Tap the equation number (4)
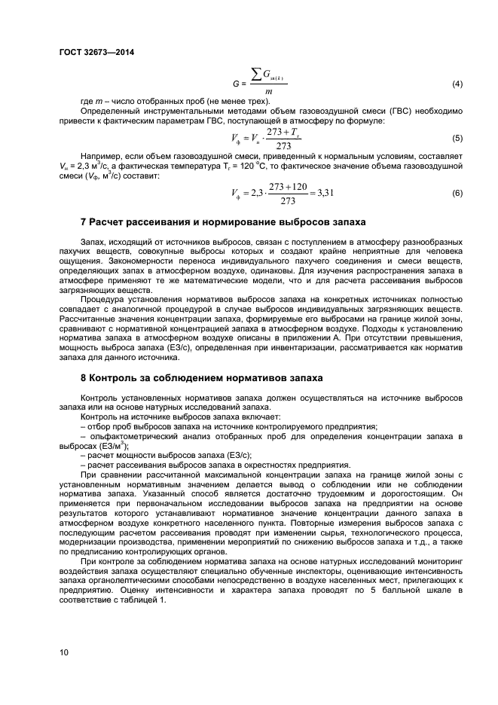[x=457, y=83]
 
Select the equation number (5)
[x=457, y=139]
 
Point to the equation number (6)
[x=457, y=194]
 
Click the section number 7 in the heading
[x=83, y=222]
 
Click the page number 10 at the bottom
[x=64, y=652]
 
